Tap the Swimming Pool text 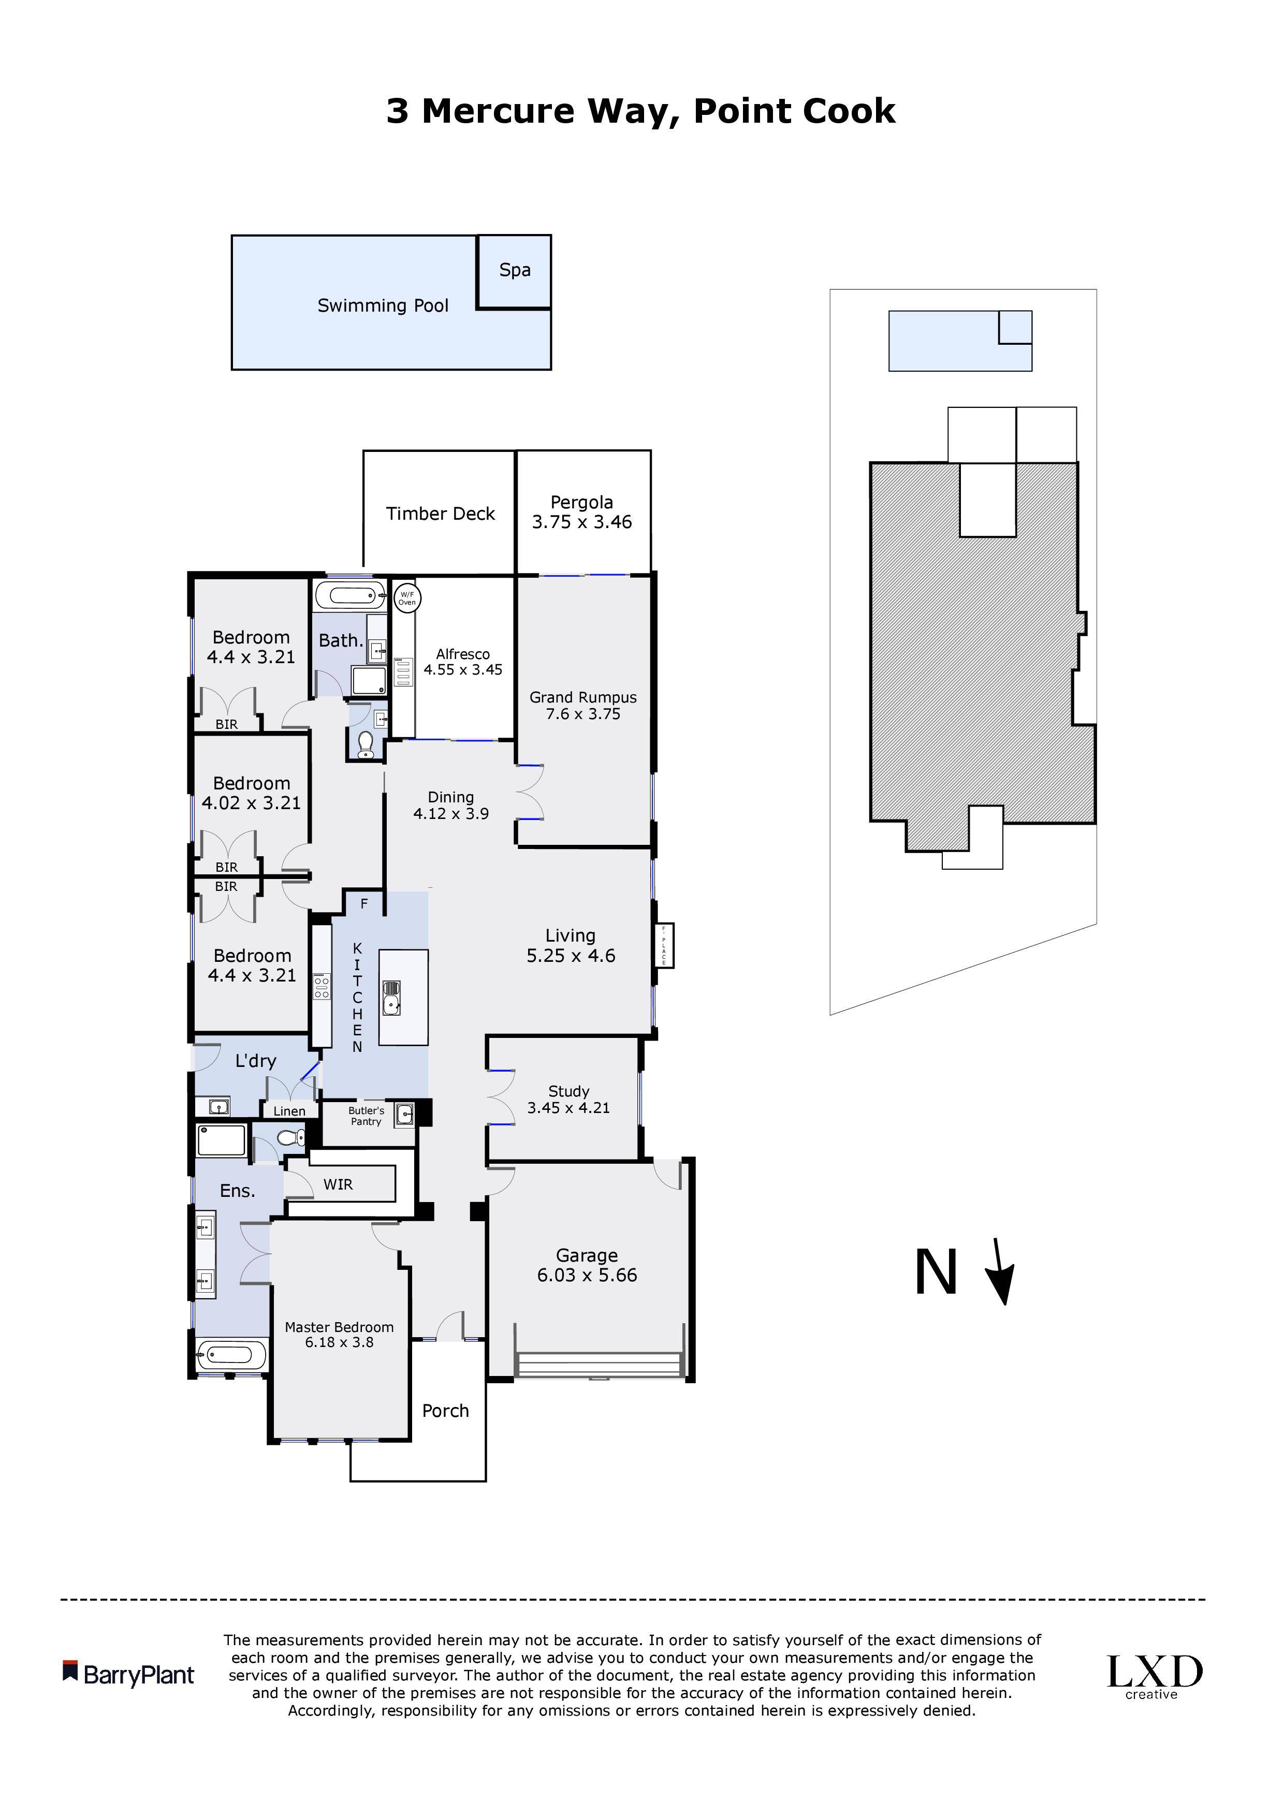[x=383, y=306]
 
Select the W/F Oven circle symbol [x=406, y=598]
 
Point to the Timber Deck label [x=441, y=514]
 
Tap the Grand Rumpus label [x=583, y=698]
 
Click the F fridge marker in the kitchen [x=364, y=904]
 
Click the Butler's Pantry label [x=366, y=1116]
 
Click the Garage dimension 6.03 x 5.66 [x=587, y=1275]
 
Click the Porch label [x=445, y=1411]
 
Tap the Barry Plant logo [x=128, y=1675]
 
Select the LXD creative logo [x=1154, y=1677]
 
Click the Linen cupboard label [x=289, y=1111]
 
